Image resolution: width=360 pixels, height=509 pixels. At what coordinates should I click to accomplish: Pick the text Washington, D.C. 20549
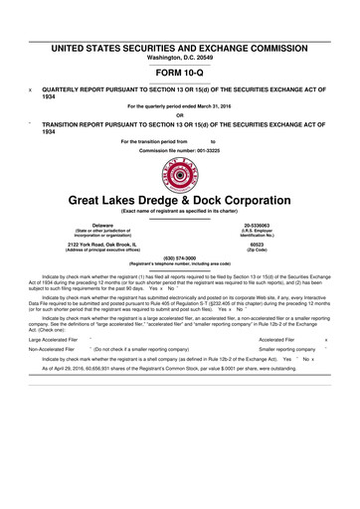(180, 57)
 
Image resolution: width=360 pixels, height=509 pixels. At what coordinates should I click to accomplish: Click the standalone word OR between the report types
(180, 114)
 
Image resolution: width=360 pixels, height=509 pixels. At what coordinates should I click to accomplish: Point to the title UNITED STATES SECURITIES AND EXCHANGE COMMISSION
(180, 48)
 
